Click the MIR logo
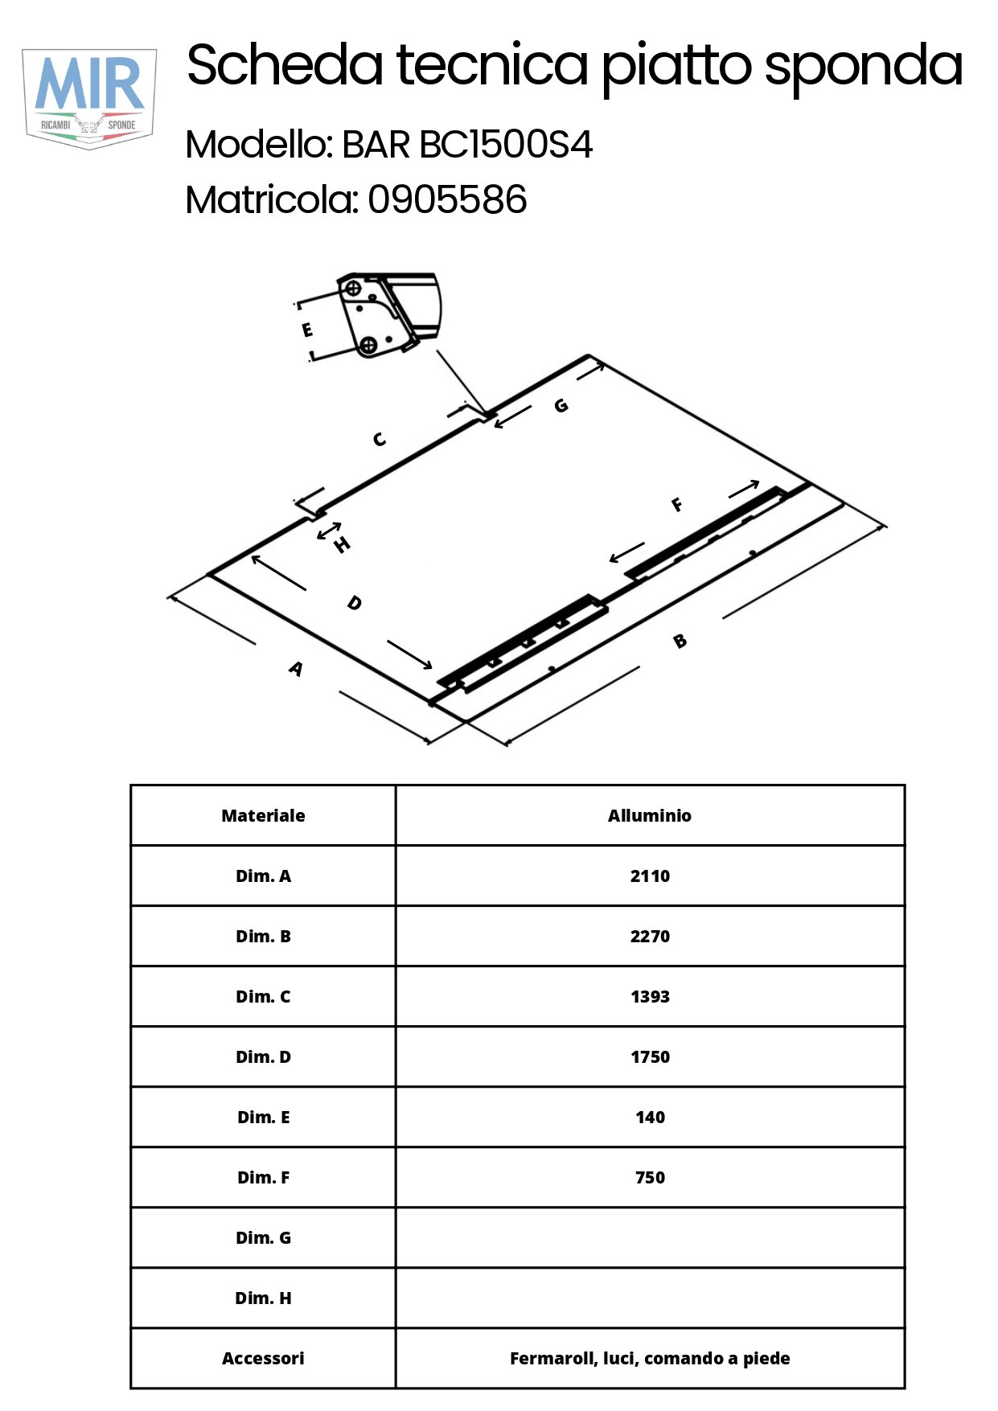(89, 98)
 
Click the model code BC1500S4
(507, 146)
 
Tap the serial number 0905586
(447, 199)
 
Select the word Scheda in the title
(285, 65)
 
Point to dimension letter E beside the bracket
(307, 330)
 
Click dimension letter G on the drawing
(561, 405)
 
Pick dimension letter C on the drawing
(380, 439)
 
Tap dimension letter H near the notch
(342, 545)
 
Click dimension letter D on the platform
(354, 602)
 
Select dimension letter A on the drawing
(296, 668)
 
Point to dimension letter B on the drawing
(680, 641)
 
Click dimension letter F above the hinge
(677, 504)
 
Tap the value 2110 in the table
(650, 876)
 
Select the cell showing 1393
(650, 996)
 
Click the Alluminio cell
(650, 815)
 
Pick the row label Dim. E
(263, 1117)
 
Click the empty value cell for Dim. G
(650, 1237)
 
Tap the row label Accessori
(263, 1358)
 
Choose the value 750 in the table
(650, 1178)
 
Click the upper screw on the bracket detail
(352, 287)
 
